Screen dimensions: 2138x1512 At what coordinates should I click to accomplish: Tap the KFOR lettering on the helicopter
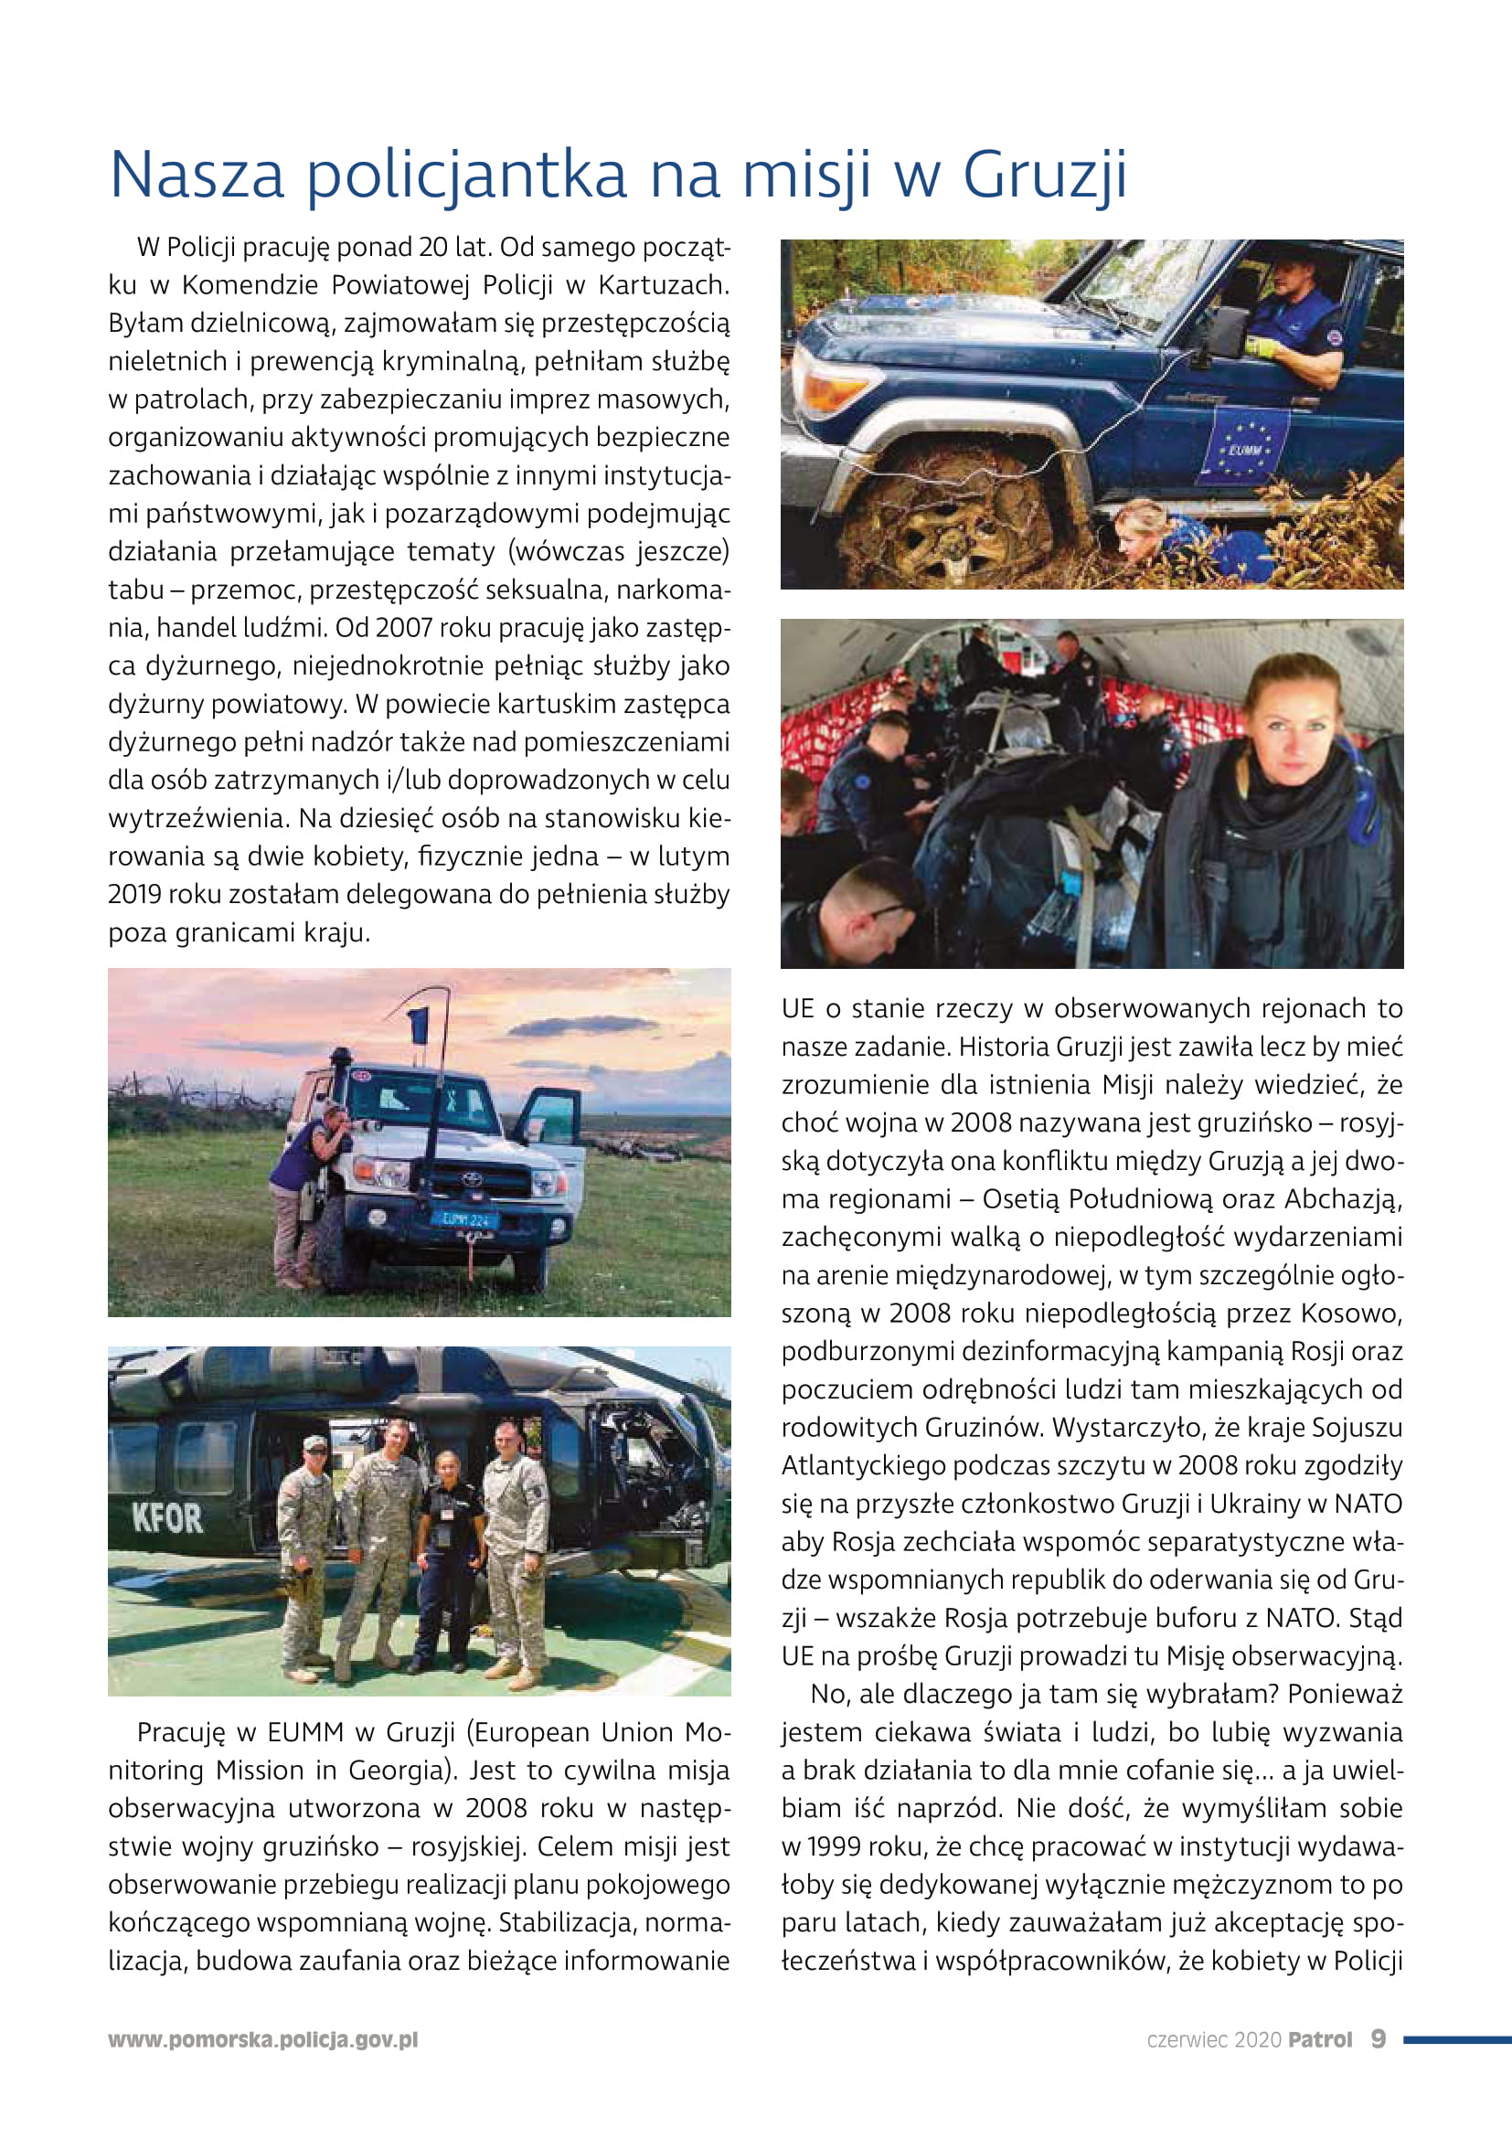tap(167, 1519)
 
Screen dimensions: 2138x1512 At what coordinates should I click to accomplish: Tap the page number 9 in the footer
tap(1378, 2039)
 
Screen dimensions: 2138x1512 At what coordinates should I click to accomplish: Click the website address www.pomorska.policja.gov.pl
tap(263, 2040)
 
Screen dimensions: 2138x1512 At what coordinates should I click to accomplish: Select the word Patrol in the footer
tap(1319, 2040)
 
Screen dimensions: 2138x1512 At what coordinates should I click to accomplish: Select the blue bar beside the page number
tap(1456, 2039)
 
